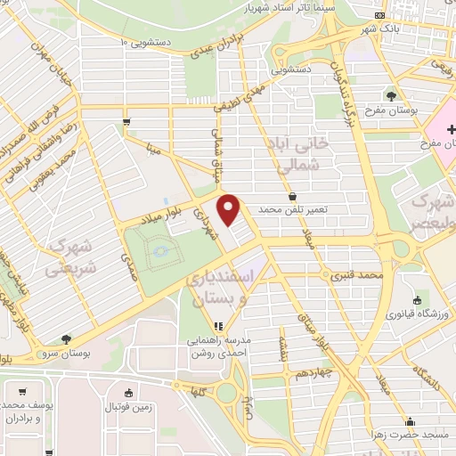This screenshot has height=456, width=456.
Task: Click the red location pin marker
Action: (x=230, y=209)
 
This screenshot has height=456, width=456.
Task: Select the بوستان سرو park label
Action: (x=67, y=354)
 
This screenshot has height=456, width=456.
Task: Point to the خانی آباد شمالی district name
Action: (x=294, y=154)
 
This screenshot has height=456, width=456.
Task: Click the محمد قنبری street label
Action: (x=356, y=276)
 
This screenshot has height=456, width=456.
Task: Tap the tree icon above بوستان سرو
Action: (x=67, y=339)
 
